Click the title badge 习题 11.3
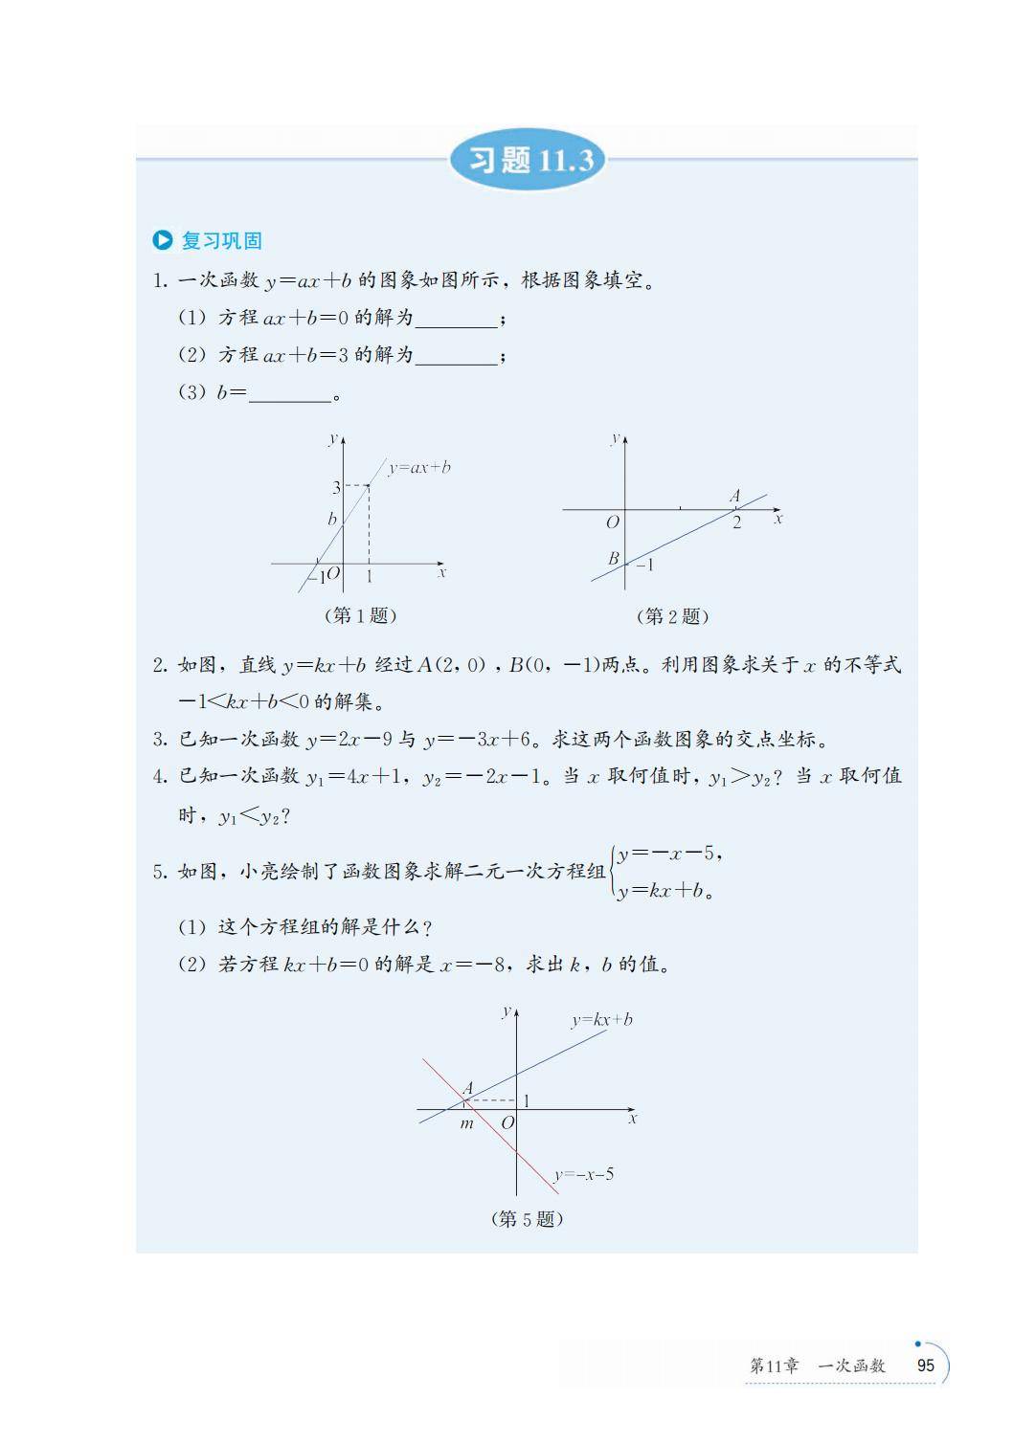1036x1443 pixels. pyautogui.click(x=528, y=160)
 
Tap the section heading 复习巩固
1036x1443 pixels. pyautogui.click(x=221, y=241)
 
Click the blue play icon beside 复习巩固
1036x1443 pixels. pyautogui.click(x=163, y=241)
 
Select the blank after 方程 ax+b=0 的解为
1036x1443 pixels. pyautogui.click(x=456, y=320)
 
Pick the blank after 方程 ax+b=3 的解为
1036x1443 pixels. pyautogui.click(x=456, y=357)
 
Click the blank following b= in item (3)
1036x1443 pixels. pyautogui.click(x=289, y=394)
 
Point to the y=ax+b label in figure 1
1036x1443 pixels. pyautogui.click(x=419, y=468)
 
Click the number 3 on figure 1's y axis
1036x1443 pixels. pyautogui.click(x=336, y=488)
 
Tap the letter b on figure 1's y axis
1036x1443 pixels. pyautogui.click(x=332, y=520)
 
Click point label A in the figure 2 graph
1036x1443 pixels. pyautogui.click(x=734, y=497)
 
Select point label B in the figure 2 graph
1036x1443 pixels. pyautogui.click(x=614, y=558)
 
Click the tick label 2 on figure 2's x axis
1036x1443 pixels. pyautogui.click(x=736, y=522)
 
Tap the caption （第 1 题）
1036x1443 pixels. pyautogui.click(x=361, y=615)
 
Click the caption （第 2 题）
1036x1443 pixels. pyautogui.click(x=672, y=616)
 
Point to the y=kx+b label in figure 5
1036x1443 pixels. pyautogui.click(x=601, y=1020)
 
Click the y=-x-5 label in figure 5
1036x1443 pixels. pyautogui.click(x=583, y=1175)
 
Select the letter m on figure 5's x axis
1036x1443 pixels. pyautogui.click(x=466, y=1123)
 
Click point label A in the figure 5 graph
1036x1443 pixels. pyautogui.click(x=468, y=1088)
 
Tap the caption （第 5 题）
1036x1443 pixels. pyautogui.click(x=527, y=1219)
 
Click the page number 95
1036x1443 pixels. pyautogui.click(x=925, y=1365)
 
